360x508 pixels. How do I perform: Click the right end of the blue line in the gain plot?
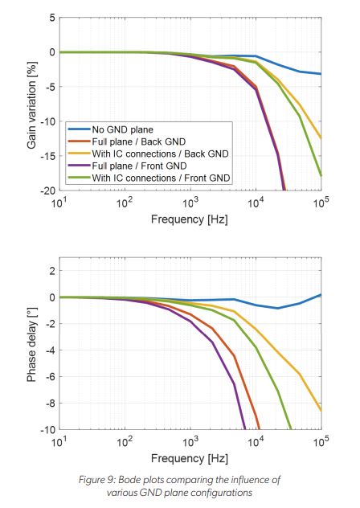coord(321,74)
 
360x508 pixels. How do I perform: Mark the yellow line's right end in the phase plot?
coord(321,411)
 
